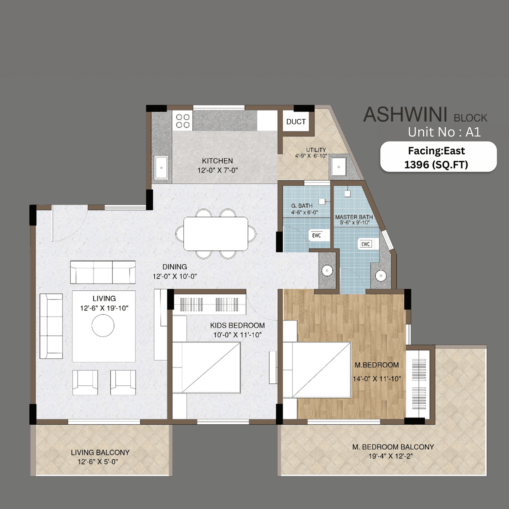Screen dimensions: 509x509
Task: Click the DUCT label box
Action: (296, 122)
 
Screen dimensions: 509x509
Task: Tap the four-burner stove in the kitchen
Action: (183, 121)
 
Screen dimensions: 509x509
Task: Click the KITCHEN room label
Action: (217, 161)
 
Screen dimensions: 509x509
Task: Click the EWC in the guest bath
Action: (317, 235)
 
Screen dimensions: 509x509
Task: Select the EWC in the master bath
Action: (366, 244)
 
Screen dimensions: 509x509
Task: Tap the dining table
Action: (216, 234)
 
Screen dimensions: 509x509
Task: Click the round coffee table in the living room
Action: (103, 326)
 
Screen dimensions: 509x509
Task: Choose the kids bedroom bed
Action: (206, 367)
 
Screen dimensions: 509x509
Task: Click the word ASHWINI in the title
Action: (405, 115)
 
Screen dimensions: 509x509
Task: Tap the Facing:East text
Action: (436, 151)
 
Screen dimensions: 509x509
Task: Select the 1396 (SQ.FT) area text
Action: (436, 165)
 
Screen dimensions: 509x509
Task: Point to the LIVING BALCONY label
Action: (100, 453)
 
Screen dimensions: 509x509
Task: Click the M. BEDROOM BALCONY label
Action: (393, 447)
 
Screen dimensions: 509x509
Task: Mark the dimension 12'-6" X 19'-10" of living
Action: (104, 308)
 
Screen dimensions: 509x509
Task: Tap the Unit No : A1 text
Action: (444, 132)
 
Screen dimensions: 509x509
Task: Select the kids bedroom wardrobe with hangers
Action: (209, 304)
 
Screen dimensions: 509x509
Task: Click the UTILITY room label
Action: (316, 150)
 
